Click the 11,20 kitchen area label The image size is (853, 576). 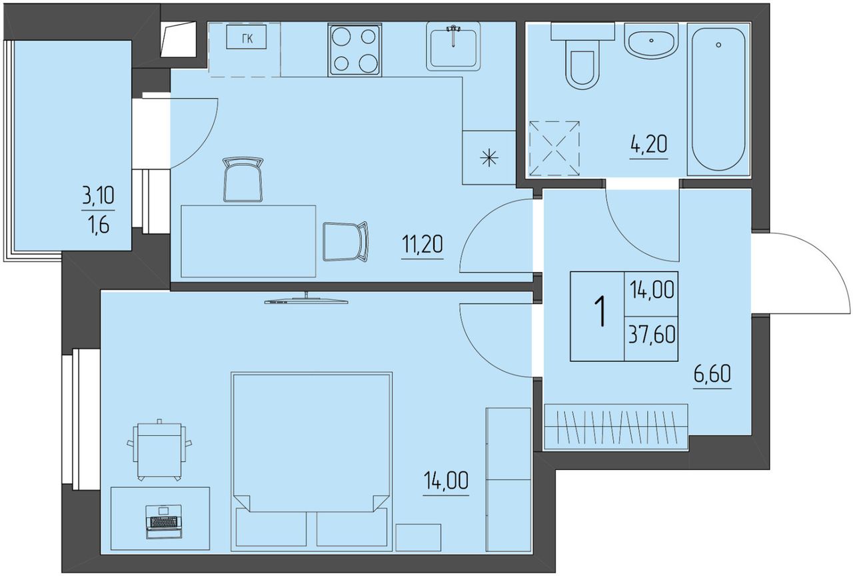423,244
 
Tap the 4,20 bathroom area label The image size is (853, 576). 648,145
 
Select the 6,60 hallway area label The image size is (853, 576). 712,374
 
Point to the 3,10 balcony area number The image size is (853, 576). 98,196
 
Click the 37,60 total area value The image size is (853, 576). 652,335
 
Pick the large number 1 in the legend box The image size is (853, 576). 601,312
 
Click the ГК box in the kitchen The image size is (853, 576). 247,37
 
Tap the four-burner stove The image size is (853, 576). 354,50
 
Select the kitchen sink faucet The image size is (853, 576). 453,35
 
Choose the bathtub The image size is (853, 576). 718,100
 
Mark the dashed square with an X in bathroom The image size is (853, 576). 554,149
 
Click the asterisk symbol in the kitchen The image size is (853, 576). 489,158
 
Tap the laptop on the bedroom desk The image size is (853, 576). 164,522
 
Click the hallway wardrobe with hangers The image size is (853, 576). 616,427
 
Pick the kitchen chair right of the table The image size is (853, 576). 345,241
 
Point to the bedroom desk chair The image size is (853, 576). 159,449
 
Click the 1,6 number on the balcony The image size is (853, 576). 98,225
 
